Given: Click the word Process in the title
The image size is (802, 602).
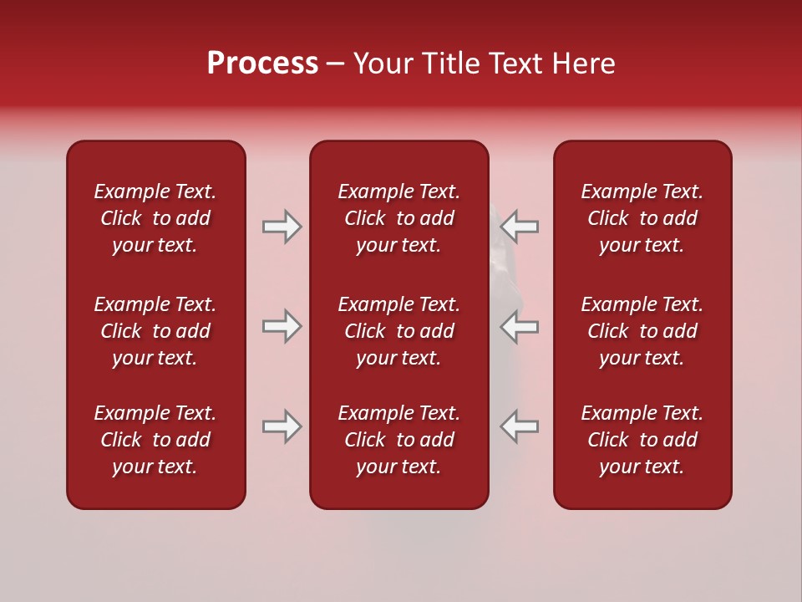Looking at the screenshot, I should [262, 64].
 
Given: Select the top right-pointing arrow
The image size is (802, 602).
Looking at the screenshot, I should [282, 226].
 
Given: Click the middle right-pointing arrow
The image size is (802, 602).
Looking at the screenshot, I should [282, 326].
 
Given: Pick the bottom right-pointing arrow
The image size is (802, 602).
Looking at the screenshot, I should [282, 426].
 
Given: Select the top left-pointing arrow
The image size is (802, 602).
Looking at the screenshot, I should [520, 226].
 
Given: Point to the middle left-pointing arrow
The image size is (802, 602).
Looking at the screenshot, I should [520, 326].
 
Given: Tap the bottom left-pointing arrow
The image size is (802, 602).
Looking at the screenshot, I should [520, 426].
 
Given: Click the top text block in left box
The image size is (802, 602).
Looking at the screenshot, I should [155, 218].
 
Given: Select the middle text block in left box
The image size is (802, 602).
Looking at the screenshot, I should [155, 331].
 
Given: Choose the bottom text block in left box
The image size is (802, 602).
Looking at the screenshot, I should [155, 440].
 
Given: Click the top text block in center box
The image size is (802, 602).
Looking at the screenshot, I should [399, 218].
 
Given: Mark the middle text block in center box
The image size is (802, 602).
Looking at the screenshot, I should [399, 331].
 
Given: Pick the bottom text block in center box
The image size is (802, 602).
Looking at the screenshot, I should [399, 440].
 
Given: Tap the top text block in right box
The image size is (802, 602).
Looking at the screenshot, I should [642, 218].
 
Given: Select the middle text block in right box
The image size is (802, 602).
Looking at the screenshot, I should [642, 331].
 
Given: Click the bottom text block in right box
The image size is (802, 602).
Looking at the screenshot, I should [642, 440].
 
